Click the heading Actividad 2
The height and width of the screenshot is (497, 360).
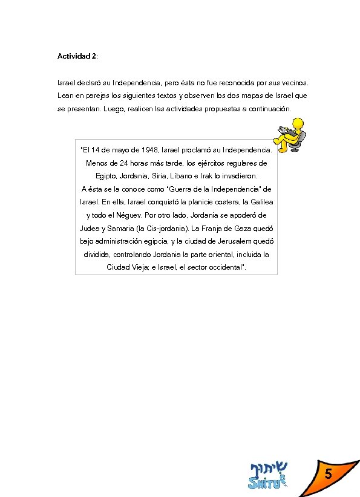[x=77, y=56]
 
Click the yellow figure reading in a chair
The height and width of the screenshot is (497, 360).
[x=292, y=136]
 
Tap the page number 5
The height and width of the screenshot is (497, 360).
[x=327, y=476]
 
